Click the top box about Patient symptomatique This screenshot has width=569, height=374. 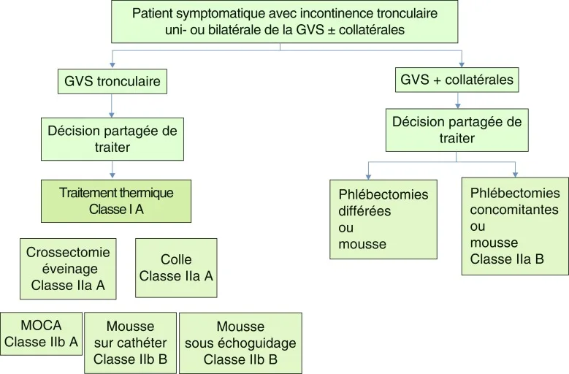pos(284,22)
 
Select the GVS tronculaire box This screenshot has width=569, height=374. pos(111,80)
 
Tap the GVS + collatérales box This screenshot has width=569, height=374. pos(457,79)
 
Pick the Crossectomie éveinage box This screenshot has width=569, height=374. pos(68,268)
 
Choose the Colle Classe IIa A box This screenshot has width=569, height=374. pos(176,268)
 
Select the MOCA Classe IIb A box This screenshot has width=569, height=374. pos(41,334)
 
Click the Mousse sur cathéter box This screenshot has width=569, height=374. pos(131,343)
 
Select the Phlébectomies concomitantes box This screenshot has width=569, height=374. pos(515,226)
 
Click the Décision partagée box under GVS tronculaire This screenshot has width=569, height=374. pos(111,140)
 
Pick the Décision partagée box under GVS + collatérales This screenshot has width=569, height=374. pos(457,129)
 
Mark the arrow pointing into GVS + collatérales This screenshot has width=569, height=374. pos(462,61)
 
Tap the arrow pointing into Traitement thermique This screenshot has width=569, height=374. pos(111,174)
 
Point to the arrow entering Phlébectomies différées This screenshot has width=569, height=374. pos(368,173)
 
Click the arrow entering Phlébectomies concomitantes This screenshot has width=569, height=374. pos(516,172)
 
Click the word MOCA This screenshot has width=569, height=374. pos(41,326)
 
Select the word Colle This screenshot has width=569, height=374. pos(176,260)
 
